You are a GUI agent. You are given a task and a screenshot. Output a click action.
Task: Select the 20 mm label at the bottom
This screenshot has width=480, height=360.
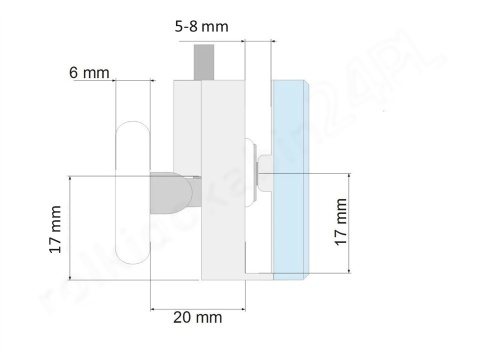(196, 317)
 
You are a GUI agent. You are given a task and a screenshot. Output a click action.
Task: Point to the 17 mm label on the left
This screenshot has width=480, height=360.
(55, 229)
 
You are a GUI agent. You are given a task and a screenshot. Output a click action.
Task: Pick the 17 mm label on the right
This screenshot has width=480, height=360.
(340, 222)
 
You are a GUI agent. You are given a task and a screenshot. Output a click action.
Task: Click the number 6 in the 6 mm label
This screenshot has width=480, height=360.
(74, 73)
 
